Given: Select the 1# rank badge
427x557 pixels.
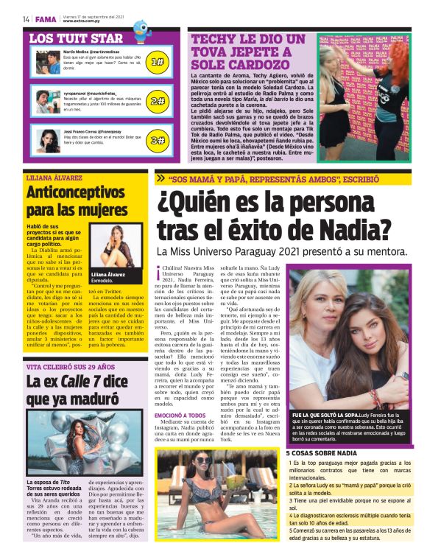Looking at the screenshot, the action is pos(157,62).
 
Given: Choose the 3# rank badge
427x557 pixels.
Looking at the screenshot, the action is pos(157,139).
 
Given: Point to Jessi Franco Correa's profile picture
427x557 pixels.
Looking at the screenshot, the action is pos(47,138).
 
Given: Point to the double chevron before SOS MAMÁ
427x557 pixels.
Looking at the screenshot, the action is pos(160,178).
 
